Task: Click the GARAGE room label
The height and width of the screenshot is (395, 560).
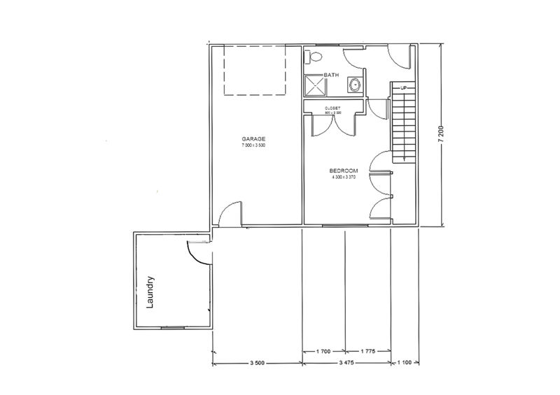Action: click(253, 139)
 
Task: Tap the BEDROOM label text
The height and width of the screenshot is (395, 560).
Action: click(344, 171)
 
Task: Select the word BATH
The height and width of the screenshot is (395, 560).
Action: click(331, 75)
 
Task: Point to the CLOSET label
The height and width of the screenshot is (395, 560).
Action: click(332, 108)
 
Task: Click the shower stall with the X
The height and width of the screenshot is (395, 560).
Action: click(314, 86)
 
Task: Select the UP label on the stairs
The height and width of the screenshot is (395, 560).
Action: click(402, 88)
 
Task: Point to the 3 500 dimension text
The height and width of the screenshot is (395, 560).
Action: click(257, 364)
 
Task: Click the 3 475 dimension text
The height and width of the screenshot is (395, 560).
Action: click(346, 364)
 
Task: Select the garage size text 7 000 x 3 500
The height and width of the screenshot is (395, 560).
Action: click(253, 146)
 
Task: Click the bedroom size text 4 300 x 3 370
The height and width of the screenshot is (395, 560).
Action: click(344, 178)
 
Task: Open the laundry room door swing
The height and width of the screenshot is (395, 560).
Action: click(198, 251)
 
